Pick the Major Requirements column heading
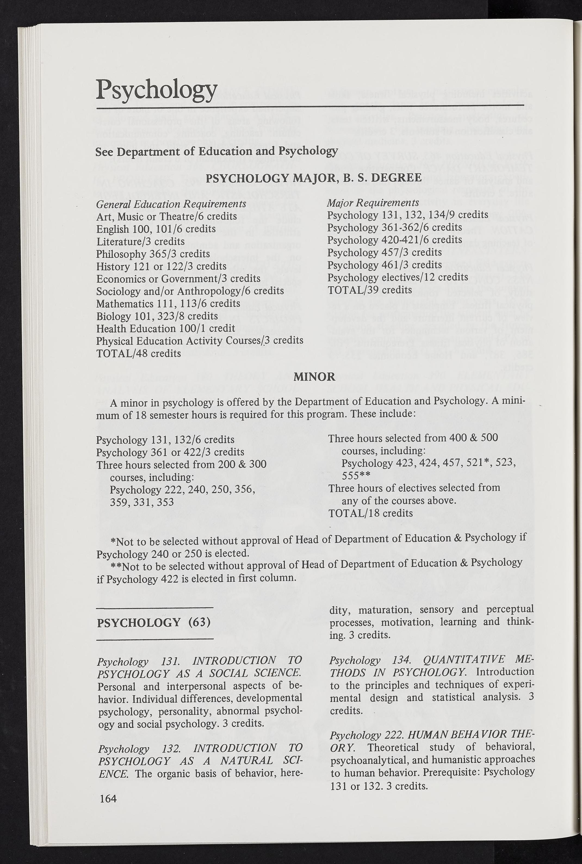point(373,203)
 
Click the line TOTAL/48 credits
point(138,353)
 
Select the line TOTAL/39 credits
point(369,290)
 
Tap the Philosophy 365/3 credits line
point(153,254)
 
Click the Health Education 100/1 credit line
point(166,329)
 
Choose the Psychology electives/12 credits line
point(398,277)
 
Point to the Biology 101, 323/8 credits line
point(157,316)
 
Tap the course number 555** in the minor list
point(355,476)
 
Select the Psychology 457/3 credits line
point(385,252)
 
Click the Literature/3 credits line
point(140,241)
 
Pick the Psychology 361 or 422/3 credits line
point(170,452)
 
